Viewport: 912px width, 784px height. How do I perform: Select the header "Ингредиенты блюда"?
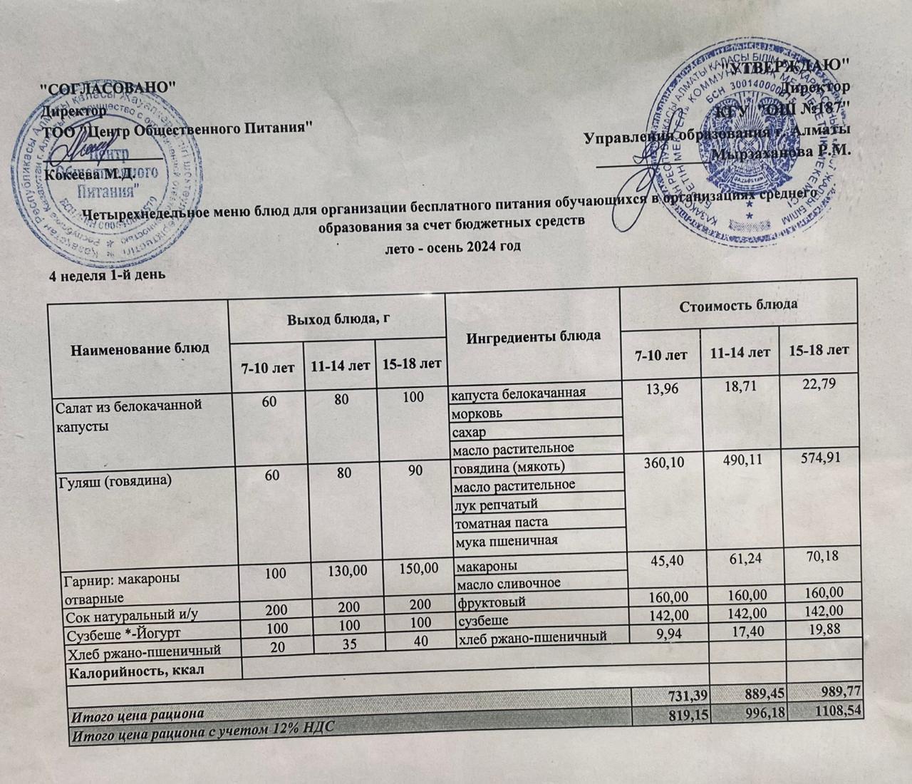click(533, 335)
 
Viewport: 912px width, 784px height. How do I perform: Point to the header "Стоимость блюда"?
click(738, 306)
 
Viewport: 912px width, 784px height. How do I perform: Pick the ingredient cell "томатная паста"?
click(497, 522)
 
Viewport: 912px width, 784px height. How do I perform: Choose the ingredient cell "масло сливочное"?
click(507, 583)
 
